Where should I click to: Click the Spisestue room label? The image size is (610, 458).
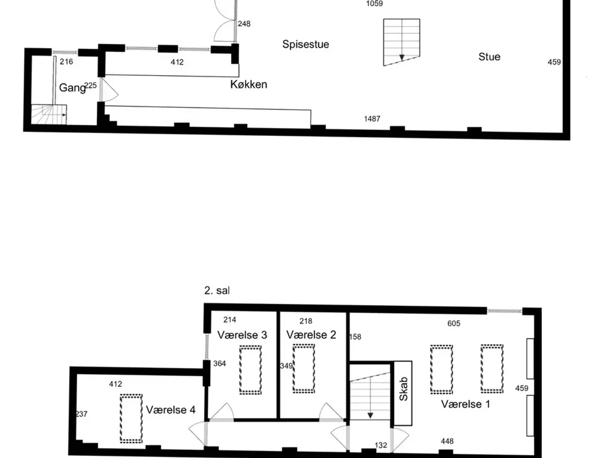click(305, 44)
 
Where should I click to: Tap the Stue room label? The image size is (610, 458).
click(489, 57)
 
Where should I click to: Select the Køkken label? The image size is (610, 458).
click(248, 84)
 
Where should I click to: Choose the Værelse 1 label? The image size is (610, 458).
click(466, 404)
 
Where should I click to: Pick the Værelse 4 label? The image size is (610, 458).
click(171, 410)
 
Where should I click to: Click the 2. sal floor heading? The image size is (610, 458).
click(217, 291)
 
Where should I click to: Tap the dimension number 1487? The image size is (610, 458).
click(372, 119)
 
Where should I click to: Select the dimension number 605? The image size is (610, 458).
click(454, 323)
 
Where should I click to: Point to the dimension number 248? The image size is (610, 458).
click(244, 24)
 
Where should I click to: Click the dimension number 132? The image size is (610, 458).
click(381, 445)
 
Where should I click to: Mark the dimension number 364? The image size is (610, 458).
click(220, 364)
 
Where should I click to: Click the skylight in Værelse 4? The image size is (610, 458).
click(131, 418)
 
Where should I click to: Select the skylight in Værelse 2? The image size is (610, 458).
click(304, 368)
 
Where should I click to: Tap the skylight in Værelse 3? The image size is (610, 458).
click(250, 370)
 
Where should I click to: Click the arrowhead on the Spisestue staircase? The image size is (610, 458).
click(402, 58)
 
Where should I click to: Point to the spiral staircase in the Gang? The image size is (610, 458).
click(49, 114)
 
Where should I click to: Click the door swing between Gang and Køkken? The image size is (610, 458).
click(109, 89)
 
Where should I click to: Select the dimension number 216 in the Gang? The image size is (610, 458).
click(66, 62)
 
